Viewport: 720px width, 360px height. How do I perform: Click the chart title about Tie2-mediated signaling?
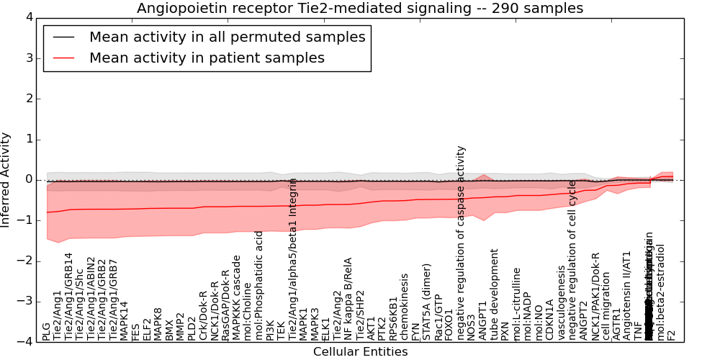click(x=360, y=8)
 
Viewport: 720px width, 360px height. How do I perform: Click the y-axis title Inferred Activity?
click(x=6, y=179)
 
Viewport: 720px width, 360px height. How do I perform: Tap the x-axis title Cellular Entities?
click(x=360, y=352)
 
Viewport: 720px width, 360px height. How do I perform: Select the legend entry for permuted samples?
click(x=227, y=37)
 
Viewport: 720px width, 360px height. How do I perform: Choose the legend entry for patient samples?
click(x=207, y=58)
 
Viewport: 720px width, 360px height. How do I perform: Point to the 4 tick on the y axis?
click(x=28, y=17)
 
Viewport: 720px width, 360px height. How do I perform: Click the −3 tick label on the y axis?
click(x=24, y=302)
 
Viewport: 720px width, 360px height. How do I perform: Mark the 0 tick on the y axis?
click(x=28, y=180)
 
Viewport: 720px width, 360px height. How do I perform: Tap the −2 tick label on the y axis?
click(x=24, y=261)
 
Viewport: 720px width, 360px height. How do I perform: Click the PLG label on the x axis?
click(x=47, y=331)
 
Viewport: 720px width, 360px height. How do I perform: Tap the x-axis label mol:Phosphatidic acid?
click(x=259, y=285)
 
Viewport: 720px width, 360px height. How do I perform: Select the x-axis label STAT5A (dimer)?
click(x=427, y=303)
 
